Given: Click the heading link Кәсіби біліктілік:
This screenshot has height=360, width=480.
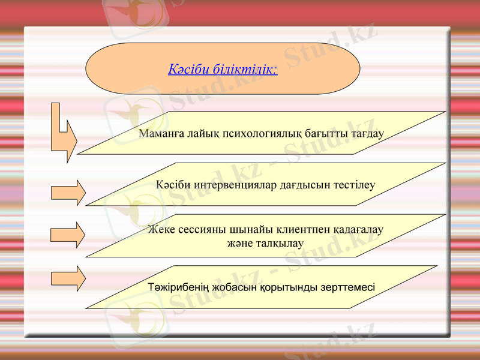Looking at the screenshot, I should (x=223, y=69).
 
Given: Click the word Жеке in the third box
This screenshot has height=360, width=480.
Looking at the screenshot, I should (x=160, y=229).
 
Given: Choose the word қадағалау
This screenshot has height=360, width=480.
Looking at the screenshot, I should (x=357, y=229).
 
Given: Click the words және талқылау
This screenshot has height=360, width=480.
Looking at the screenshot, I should (x=265, y=243).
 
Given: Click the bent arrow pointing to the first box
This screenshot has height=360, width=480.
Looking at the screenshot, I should (x=64, y=136).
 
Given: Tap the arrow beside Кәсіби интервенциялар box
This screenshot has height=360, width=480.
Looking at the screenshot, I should (x=68, y=193).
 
